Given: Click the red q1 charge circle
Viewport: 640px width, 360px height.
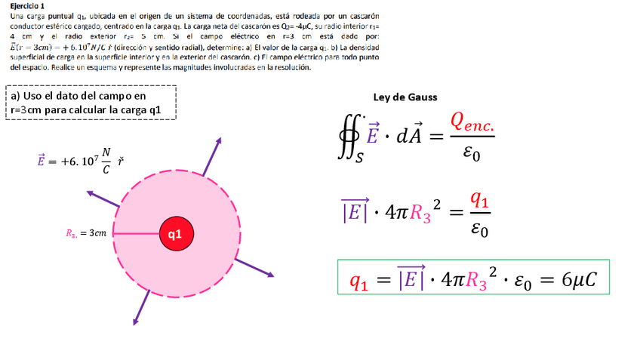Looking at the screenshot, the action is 175,234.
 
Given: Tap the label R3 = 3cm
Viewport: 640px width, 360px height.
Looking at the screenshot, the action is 86,234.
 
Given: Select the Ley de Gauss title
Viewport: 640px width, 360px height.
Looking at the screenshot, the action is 405,97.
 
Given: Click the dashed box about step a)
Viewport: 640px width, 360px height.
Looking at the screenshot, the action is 91,103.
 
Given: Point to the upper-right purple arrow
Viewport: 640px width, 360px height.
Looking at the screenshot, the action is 212,155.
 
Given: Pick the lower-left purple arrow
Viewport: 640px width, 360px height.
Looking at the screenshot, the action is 140,306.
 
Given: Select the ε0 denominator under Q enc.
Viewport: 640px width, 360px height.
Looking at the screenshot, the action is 471,154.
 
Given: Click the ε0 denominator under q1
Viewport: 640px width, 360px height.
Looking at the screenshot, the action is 478,229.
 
